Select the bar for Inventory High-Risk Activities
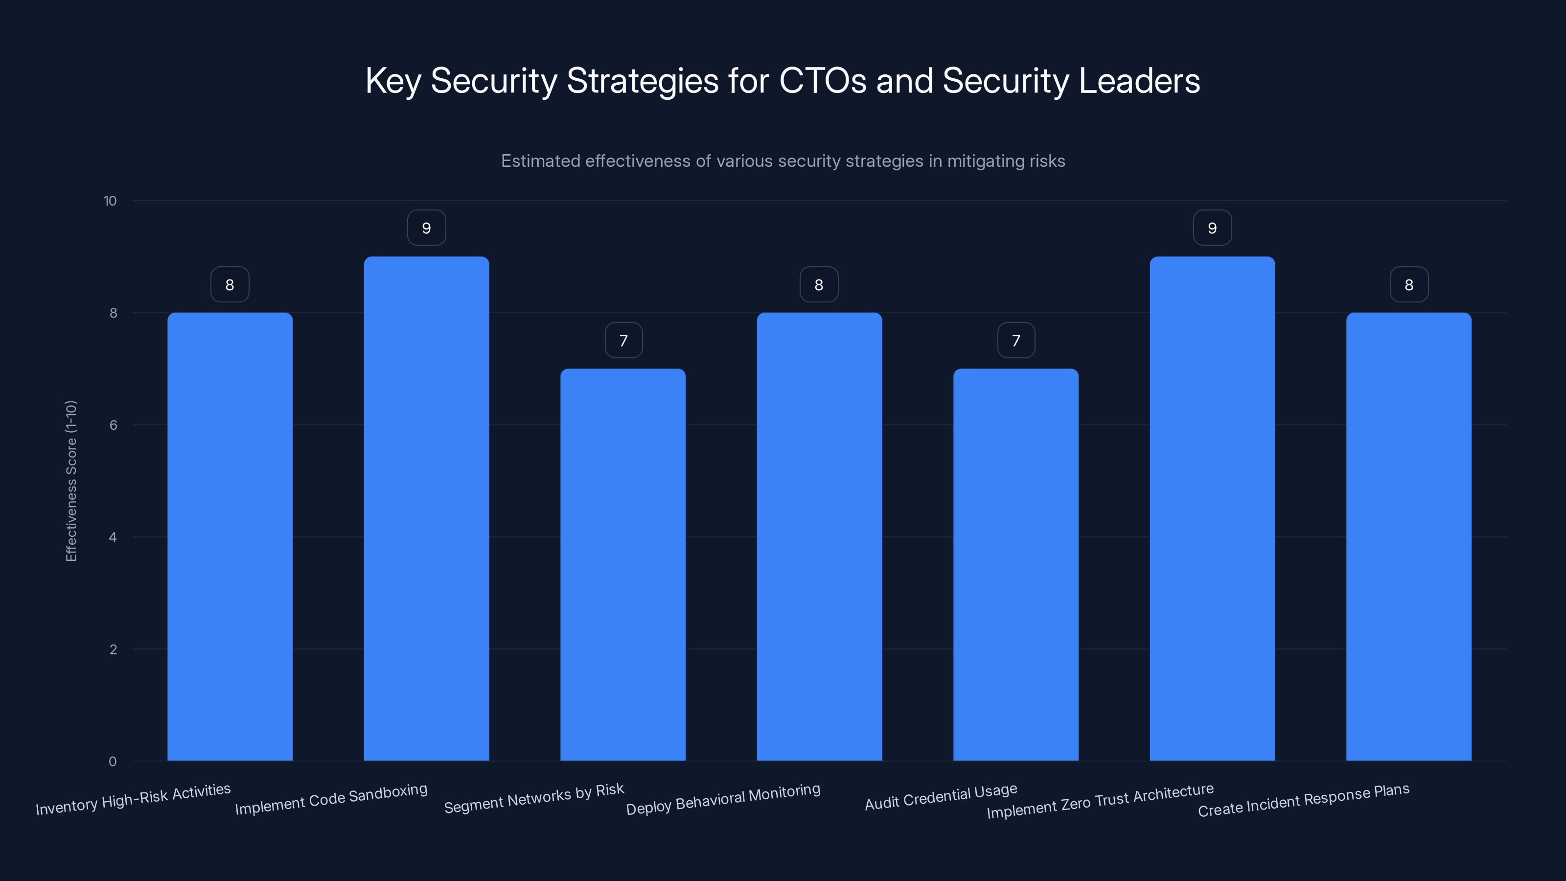[x=230, y=536]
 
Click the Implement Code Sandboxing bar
[x=426, y=509]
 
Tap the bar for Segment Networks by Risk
[x=622, y=564]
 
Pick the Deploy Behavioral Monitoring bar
[x=819, y=536]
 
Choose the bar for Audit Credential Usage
[x=1015, y=564]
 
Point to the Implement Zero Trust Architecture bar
[x=1212, y=509]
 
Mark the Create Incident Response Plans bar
[x=1408, y=536]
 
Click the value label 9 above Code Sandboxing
[x=426, y=228]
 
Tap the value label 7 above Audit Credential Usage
[x=1016, y=341]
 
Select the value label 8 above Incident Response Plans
[x=1408, y=284]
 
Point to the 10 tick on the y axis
[x=110, y=201]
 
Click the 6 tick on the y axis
[x=113, y=425]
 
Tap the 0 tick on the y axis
[x=113, y=761]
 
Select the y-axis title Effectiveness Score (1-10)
[x=71, y=480]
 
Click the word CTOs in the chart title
[x=823, y=80]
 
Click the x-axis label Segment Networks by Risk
[x=534, y=798]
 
